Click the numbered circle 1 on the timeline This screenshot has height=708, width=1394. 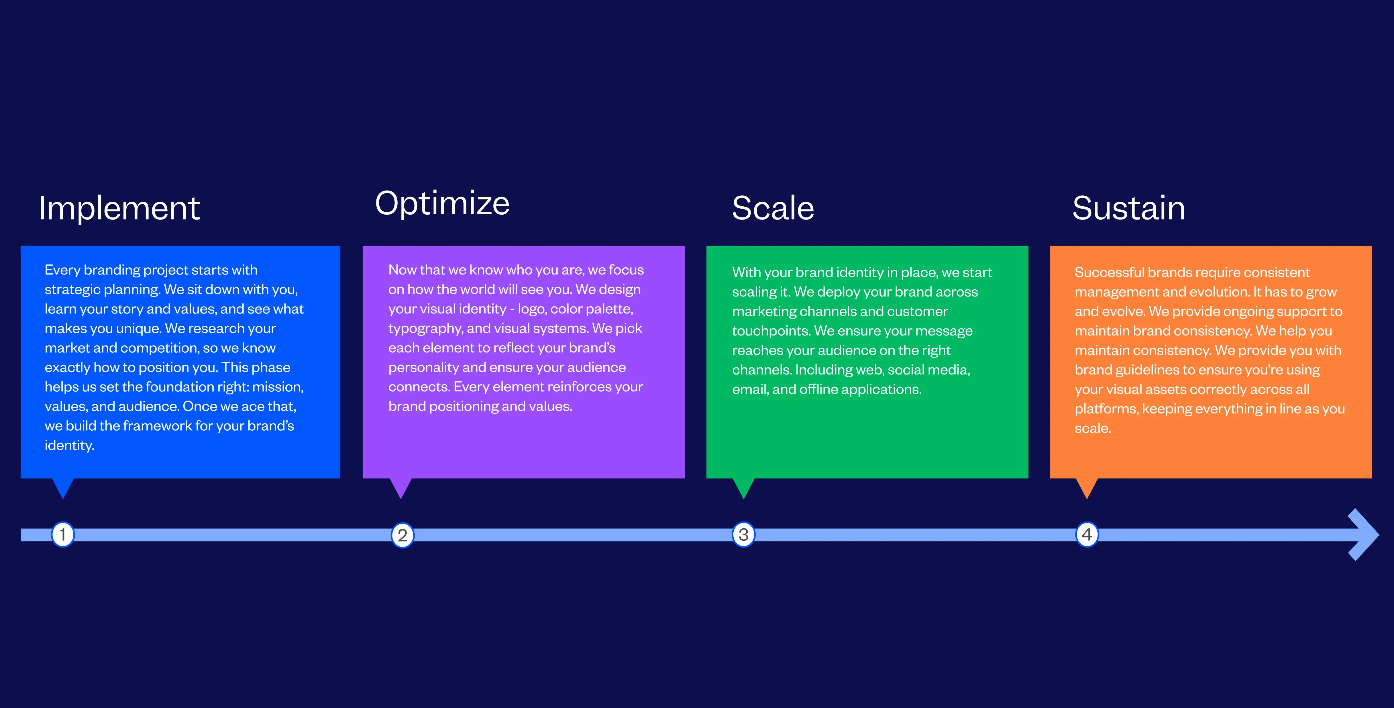click(x=63, y=535)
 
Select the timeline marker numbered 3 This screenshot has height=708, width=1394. click(x=743, y=535)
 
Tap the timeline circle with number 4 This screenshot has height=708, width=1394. click(x=1087, y=535)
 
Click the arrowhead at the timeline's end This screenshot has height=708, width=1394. click(x=1364, y=535)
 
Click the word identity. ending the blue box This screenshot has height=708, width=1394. click(x=69, y=446)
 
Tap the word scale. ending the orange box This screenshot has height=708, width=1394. click(x=1093, y=428)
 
